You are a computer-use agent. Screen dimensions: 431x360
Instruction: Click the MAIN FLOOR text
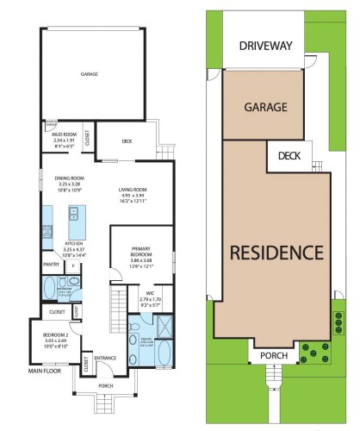45,372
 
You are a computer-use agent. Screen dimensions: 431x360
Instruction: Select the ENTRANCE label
105,358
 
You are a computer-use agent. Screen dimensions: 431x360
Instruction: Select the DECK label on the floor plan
127,141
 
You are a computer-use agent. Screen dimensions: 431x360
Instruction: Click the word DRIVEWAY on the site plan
266,45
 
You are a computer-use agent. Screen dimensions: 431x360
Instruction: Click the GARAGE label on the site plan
265,108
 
